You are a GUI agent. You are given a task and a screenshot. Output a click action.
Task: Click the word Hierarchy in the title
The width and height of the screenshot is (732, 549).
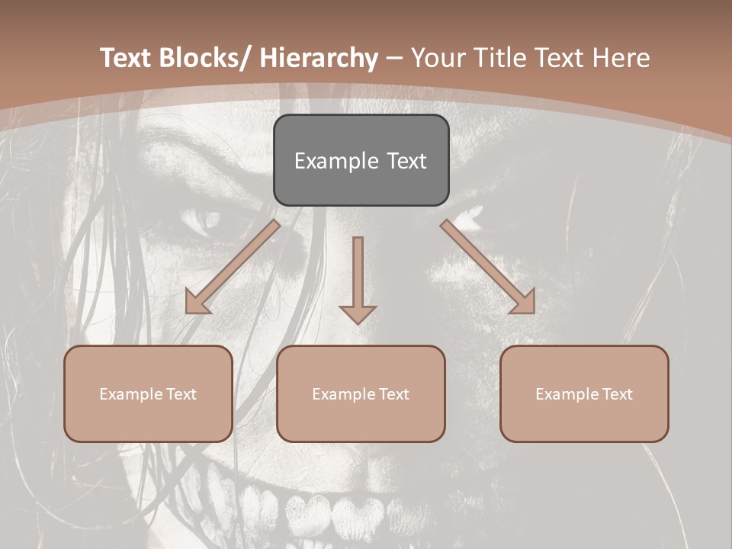point(319,58)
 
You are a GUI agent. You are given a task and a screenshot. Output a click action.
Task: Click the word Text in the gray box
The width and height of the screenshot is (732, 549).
point(406,161)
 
